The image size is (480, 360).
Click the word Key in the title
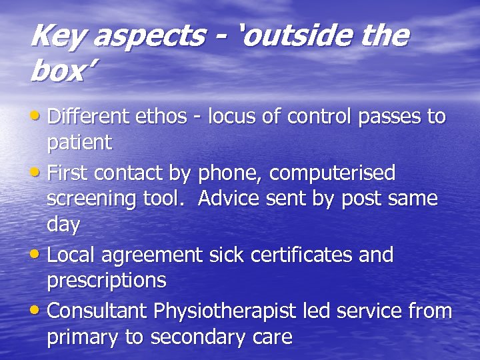tap(57, 36)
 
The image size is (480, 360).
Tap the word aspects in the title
tap(148, 37)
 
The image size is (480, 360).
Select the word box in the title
tap(55, 72)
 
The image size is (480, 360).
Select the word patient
tap(79, 143)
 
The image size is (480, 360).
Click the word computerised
tap(332, 173)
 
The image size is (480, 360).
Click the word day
tap(63, 225)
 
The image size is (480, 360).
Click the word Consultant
tap(98, 311)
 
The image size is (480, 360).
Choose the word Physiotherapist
tap(225, 311)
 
